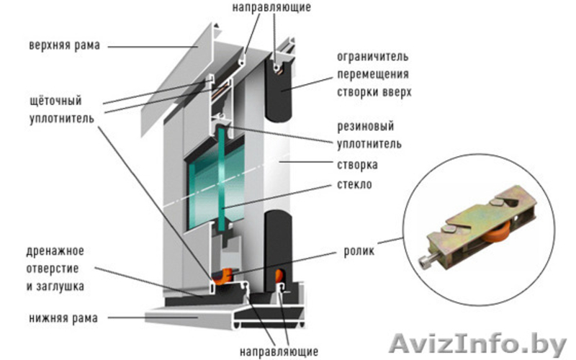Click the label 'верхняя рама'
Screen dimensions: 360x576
click(65, 45)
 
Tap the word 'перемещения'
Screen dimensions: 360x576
click(373, 73)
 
